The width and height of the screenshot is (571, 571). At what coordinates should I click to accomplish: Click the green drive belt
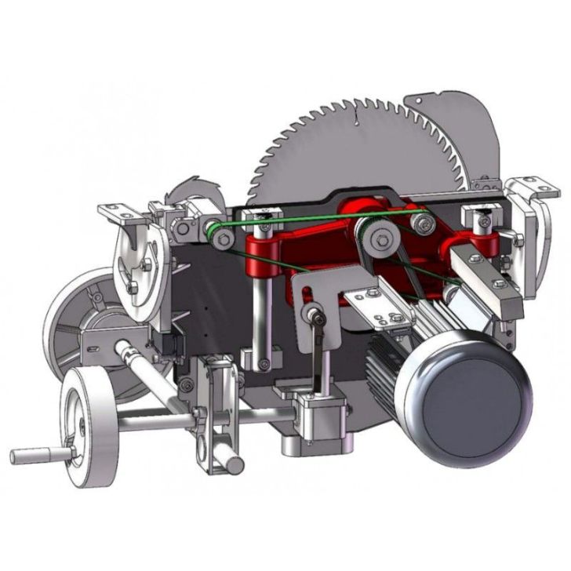click(x=314, y=218)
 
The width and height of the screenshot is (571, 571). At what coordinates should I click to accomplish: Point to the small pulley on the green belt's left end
click(x=210, y=229)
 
